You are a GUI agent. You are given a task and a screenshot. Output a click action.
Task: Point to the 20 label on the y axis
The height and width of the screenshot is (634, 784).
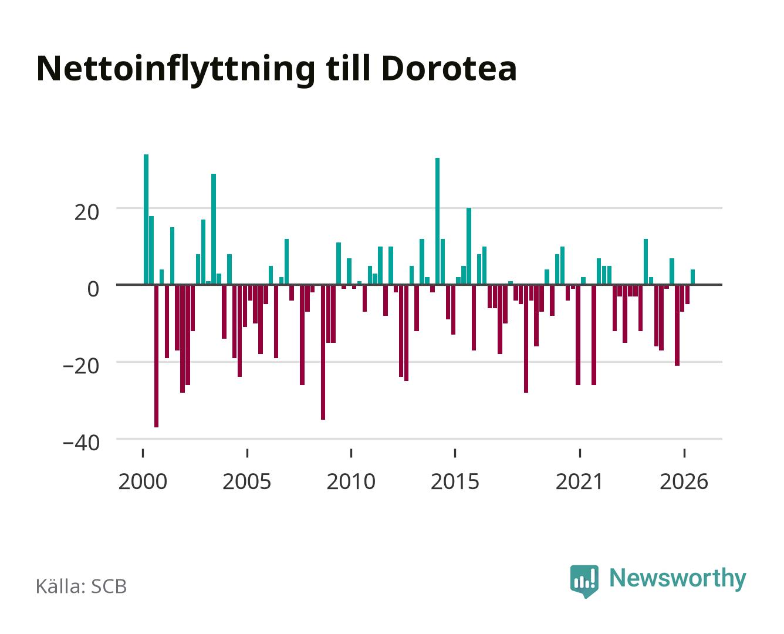pos(86,213)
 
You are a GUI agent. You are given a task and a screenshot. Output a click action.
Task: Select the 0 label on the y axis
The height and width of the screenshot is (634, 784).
pos(93,289)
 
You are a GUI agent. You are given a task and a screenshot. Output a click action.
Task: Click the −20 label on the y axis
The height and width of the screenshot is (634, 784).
pos(81,366)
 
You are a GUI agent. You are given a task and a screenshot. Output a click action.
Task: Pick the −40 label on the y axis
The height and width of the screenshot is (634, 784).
pos(81,442)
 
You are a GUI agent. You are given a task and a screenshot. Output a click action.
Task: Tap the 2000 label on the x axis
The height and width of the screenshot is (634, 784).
pos(143,481)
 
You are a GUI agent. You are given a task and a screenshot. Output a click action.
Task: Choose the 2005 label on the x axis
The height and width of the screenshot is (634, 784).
pos(246,481)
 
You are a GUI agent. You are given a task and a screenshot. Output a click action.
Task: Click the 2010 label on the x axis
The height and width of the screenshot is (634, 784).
pos(351,481)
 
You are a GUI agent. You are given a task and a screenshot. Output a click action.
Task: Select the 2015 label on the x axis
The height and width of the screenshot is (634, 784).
pos(455,481)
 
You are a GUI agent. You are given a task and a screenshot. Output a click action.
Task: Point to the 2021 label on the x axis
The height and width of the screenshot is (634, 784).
pos(579,481)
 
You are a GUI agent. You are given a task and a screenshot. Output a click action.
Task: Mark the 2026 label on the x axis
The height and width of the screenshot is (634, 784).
pos(684,481)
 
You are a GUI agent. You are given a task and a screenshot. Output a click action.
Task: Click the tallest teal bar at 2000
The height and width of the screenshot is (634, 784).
pos(146,219)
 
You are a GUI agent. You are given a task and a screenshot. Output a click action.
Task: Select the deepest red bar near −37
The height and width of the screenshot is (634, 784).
pos(156,356)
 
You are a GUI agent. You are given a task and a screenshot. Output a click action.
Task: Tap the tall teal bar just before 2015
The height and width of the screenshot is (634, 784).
pos(437,221)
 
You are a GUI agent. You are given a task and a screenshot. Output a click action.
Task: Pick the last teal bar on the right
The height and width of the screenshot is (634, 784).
pos(692,277)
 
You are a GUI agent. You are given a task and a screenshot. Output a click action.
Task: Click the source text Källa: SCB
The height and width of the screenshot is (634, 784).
pos(82,586)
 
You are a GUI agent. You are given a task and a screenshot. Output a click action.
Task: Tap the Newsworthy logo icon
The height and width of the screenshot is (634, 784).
pos(584,581)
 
